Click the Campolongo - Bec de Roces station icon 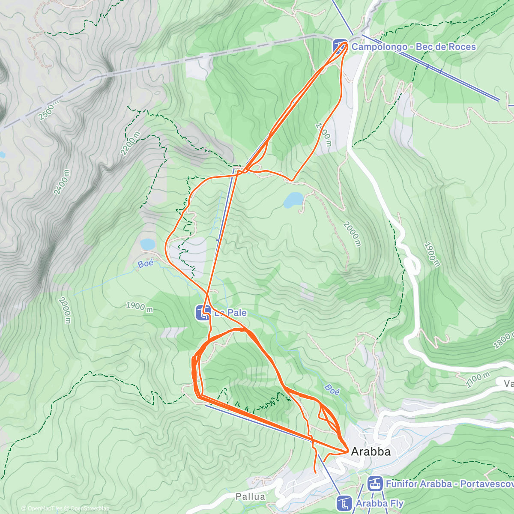pos(341,46)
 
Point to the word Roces pos(460,47)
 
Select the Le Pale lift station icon pos(203,313)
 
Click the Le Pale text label pos(231,313)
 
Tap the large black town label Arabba pos(371,451)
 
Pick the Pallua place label pos(251,497)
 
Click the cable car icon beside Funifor pos(375,484)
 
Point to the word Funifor pos(401,484)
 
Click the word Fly pos(394,504)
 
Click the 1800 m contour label pos(502,341)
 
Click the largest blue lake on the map pos(293,200)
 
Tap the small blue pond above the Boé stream pos(148,244)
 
